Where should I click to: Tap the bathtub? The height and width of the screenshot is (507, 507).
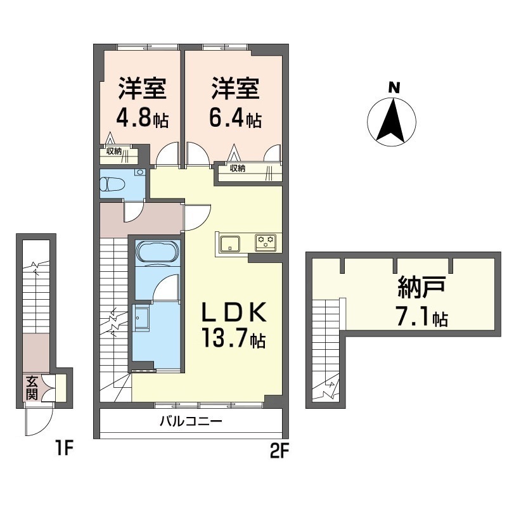point(157,252)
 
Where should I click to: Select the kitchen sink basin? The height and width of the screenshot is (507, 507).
point(230,244)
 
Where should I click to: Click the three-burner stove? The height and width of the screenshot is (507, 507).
point(266,242)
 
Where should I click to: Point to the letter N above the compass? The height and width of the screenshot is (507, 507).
point(394,87)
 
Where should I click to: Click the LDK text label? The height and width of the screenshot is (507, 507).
point(233,312)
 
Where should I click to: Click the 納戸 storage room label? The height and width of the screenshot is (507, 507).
point(421,286)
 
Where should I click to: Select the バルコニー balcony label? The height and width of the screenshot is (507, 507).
point(191,421)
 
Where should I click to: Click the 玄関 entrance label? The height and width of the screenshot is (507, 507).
point(32,388)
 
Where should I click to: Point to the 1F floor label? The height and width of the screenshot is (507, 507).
point(64,449)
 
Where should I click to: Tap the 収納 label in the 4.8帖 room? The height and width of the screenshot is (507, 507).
point(114,151)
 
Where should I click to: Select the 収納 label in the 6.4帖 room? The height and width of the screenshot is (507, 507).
point(238,168)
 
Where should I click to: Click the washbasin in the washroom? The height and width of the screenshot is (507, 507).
point(142,319)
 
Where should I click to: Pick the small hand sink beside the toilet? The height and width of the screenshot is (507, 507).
point(140,172)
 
